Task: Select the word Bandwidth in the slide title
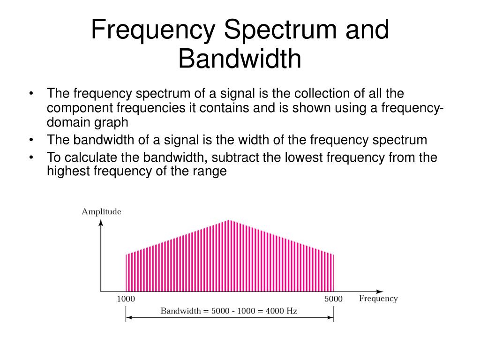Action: click(x=240, y=60)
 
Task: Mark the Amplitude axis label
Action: click(x=101, y=211)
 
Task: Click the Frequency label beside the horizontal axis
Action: click(x=378, y=299)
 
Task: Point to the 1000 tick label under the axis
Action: click(x=126, y=299)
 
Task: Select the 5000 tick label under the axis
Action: click(x=333, y=299)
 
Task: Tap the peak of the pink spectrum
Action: click(x=229, y=221)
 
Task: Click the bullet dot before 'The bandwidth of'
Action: click(x=31, y=140)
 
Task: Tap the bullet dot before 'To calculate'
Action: click(x=31, y=157)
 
